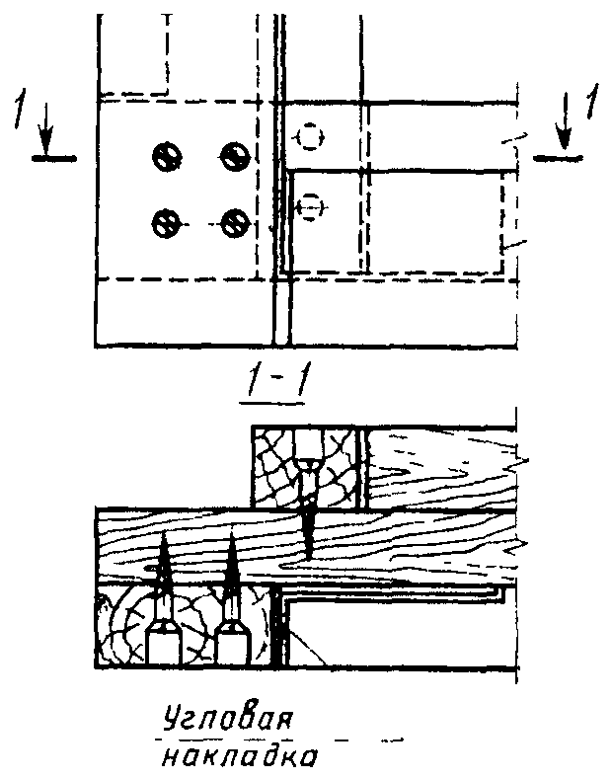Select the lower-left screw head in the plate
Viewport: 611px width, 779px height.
coord(164,223)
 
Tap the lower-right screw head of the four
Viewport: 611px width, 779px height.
coord(233,223)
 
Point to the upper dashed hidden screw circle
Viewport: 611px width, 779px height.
coord(311,135)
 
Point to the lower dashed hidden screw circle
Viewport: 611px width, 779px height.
coord(311,206)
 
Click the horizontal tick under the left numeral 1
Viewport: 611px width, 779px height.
coord(56,157)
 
